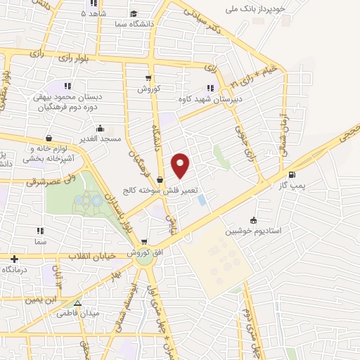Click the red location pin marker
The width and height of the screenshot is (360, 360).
(x=181, y=165)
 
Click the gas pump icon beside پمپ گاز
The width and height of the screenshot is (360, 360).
(x=292, y=175)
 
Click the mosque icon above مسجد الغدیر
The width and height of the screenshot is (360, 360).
(x=101, y=129)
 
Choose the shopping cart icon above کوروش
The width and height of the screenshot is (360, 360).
(x=148, y=78)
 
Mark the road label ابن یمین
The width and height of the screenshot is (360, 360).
(x=34, y=300)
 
